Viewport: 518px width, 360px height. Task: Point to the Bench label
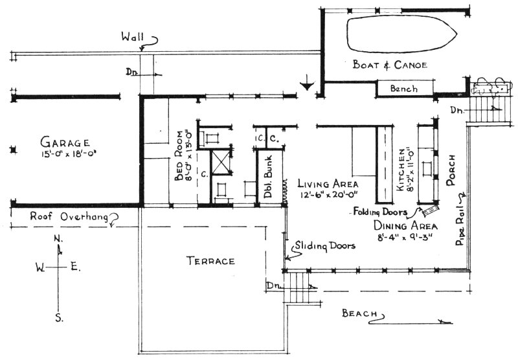(404, 89)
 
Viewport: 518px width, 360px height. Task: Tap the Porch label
(453, 170)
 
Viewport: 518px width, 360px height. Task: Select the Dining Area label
(405, 226)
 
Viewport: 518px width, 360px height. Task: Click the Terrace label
(210, 261)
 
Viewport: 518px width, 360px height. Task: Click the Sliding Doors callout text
(323, 247)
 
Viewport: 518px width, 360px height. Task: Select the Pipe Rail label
(462, 230)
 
